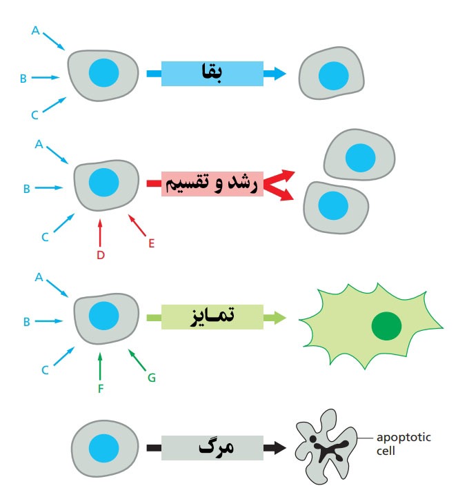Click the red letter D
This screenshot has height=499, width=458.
(x=101, y=255)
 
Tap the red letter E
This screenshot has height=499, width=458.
(x=152, y=243)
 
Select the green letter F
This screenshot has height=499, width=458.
(x=101, y=389)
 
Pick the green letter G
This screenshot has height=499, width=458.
(x=152, y=378)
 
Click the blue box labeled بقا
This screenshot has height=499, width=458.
(x=212, y=74)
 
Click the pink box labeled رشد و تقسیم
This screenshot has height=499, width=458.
(x=212, y=184)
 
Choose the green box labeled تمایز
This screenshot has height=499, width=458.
(x=212, y=317)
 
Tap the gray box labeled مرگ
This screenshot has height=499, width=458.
(x=212, y=448)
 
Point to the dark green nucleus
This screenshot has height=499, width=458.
(x=386, y=326)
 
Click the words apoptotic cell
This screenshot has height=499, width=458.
(x=404, y=444)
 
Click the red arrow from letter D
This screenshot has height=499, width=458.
(x=100, y=233)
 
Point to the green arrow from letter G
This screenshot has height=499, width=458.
(x=137, y=360)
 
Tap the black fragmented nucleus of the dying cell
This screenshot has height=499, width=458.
(x=328, y=448)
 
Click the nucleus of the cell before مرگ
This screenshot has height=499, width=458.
(x=104, y=448)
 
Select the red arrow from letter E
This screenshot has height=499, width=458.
(x=137, y=225)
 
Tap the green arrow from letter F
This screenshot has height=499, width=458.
(x=100, y=367)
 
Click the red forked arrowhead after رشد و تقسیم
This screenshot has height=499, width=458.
(x=279, y=185)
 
